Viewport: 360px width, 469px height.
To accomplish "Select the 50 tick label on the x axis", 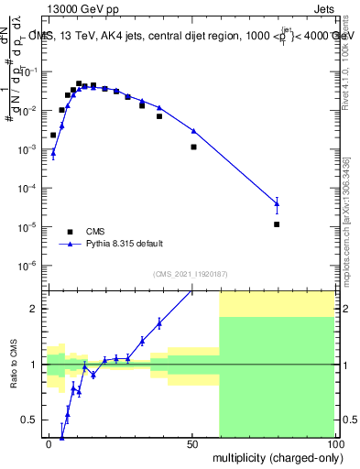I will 192,444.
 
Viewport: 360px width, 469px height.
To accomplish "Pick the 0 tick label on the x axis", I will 49,444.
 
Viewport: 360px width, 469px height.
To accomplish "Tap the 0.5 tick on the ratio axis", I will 34,420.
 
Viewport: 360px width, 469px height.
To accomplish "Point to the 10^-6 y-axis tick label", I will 29,266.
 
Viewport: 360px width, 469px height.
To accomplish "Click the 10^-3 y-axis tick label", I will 29,149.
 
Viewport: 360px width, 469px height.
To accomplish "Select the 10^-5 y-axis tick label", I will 29,227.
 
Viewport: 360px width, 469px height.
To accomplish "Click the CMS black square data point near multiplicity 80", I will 277,224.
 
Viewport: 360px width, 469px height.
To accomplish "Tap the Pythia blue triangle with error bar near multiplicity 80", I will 277,204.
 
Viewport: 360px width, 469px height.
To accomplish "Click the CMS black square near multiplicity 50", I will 193,147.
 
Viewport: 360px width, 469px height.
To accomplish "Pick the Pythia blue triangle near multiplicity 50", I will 193,131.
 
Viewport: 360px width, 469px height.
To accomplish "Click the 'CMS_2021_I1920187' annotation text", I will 189,274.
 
